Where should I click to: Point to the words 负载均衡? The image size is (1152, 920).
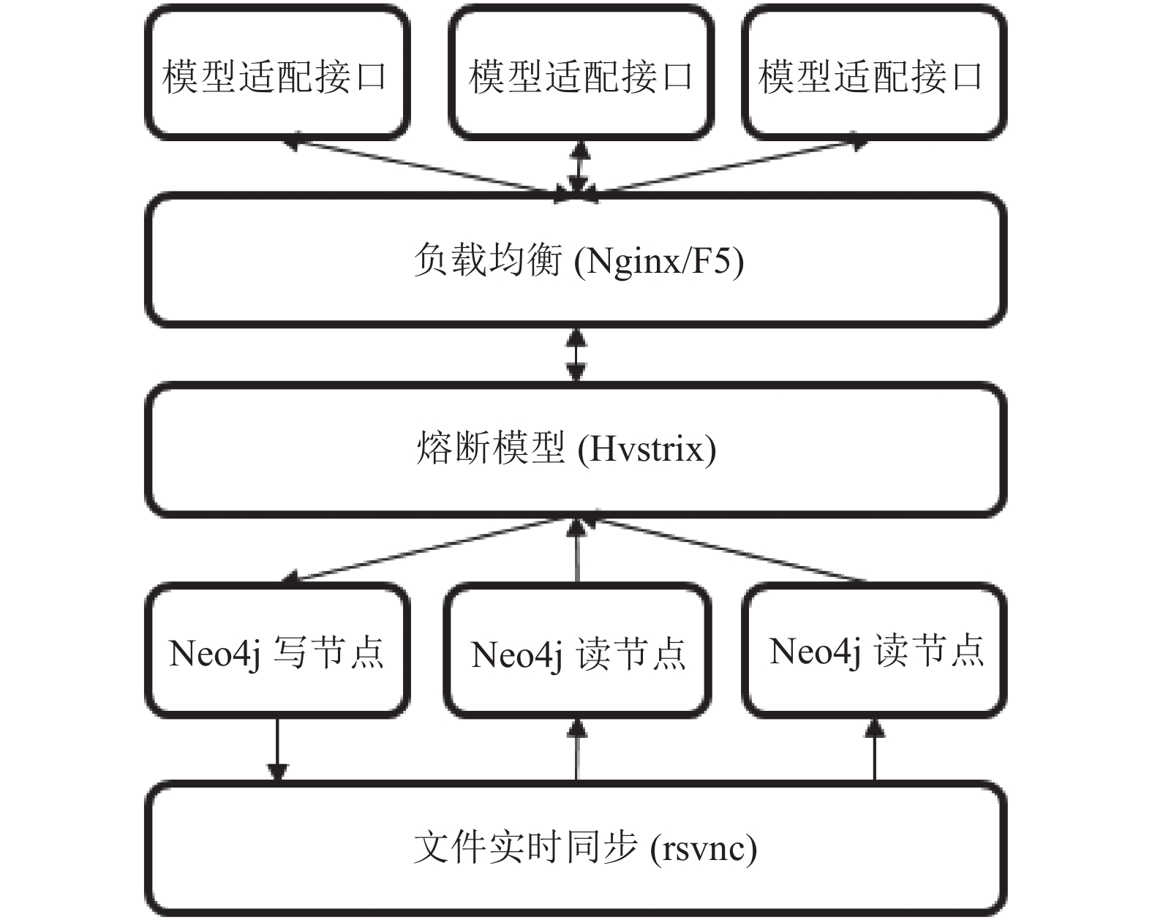pos(488,260)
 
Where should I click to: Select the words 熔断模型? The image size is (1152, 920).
pos(490,448)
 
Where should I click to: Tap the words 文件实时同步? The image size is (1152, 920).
pos(526,848)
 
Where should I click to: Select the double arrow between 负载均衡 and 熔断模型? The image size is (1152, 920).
pos(576,355)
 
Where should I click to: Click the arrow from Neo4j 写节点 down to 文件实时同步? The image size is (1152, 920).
pos(277,750)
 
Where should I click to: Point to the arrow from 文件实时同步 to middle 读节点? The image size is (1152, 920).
pos(576,750)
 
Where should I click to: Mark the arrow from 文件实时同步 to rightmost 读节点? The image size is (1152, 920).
pos(875,750)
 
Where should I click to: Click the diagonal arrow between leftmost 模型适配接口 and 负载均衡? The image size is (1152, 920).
pos(427,168)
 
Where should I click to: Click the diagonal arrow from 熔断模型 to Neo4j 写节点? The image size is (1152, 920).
pos(429,550)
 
